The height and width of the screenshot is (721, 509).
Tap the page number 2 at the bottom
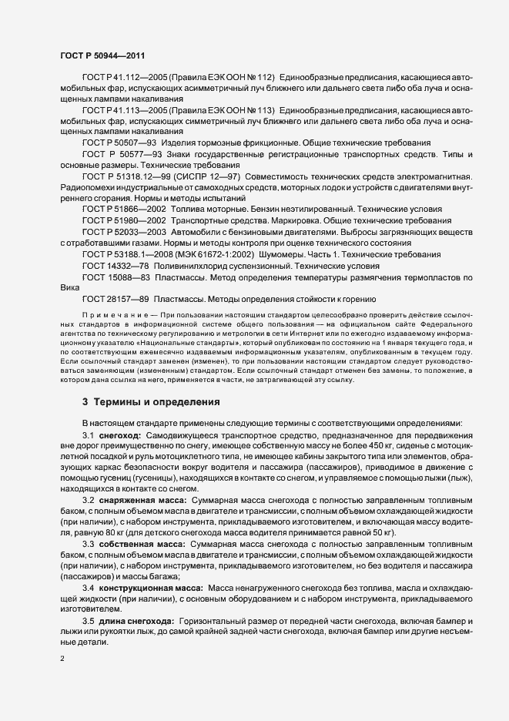[x=62, y=658]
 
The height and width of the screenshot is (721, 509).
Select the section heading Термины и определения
[x=151, y=401]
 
